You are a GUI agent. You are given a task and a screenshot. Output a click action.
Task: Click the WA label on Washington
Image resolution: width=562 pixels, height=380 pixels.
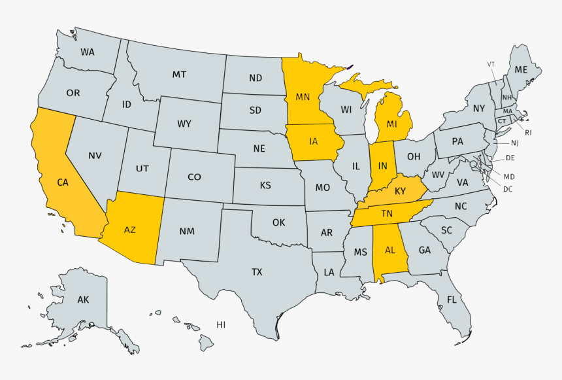(x=88, y=52)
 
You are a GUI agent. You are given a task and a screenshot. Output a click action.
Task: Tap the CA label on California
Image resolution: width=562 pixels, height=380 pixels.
(x=63, y=182)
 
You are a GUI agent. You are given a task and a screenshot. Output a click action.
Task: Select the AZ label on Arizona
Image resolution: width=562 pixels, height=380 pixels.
(x=130, y=230)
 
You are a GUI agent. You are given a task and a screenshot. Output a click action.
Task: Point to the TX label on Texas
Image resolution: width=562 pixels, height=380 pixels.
(x=257, y=271)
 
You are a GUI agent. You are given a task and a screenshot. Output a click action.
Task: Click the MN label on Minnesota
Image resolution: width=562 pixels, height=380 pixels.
(x=302, y=97)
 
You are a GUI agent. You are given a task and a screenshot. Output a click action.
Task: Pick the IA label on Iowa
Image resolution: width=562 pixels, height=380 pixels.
(x=314, y=141)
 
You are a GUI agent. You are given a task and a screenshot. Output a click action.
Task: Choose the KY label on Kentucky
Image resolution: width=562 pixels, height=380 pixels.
(x=400, y=191)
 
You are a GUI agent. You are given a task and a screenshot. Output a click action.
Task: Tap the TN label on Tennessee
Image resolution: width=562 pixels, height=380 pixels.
(x=387, y=213)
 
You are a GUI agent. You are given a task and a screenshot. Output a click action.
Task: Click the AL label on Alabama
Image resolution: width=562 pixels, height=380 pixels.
(x=390, y=250)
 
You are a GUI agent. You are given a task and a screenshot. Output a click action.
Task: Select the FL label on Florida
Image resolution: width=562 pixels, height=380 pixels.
(x=452, y=300)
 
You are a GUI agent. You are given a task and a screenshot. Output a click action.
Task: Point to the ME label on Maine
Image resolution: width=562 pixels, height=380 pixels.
(x=521, y=69)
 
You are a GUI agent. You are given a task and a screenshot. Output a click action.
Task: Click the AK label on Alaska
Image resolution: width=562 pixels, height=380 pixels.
(x=83, y=300)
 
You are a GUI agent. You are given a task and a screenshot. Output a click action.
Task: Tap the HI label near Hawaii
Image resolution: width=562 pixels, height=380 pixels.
(x=221, y=324)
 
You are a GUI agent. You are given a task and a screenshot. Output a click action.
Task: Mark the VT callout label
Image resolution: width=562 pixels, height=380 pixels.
(x=491, y=64)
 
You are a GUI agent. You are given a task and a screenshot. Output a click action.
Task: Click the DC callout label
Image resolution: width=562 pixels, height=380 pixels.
(x=508, y=189)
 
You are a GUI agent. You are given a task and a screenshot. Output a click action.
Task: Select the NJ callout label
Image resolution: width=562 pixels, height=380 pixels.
(x=514, y=143)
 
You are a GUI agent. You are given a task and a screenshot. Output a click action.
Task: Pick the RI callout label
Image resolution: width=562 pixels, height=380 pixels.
(x=528, y=133)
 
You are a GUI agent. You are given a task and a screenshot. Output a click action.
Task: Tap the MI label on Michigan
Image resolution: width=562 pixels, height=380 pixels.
(x=391, y=124)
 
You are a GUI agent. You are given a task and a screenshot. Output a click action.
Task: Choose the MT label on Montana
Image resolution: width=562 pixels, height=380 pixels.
(x=179, y=75)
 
